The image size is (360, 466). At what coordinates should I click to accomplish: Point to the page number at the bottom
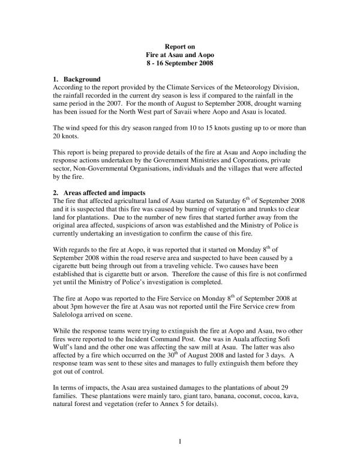(x=180, y=443)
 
